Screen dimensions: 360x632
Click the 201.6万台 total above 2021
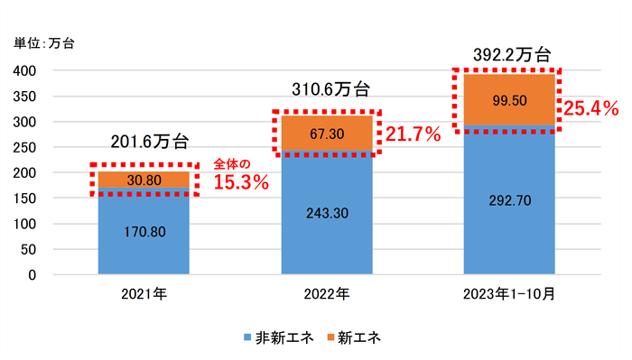[150, 142]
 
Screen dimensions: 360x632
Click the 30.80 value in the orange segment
[143, 180]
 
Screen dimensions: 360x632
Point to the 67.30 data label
[327, 134]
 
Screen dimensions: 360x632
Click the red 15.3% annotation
[241, 181]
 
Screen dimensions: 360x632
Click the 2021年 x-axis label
[144, 294]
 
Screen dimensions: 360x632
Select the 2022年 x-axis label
[327, 294]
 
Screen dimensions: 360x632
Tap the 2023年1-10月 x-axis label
[509, 294]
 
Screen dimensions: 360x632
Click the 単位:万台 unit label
[44, 42]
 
